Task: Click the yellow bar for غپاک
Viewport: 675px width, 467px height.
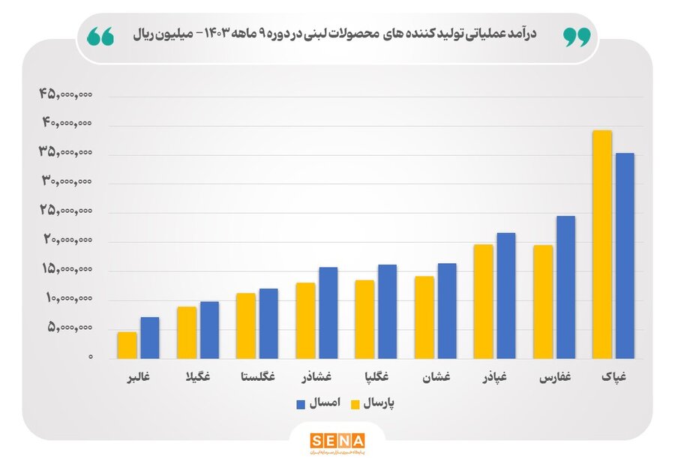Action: click(602, 244)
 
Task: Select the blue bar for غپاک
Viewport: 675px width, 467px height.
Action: click(625, 256)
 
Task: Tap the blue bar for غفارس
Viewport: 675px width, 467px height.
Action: click(565, 287)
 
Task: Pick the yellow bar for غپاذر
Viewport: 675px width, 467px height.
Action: click(483, 301)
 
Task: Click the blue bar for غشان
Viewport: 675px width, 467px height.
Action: click(447, 310)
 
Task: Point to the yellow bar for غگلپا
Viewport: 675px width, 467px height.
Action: click(364, 319)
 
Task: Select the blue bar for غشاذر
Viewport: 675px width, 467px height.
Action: click(328, 313)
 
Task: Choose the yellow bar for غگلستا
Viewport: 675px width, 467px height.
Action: click(245, 325)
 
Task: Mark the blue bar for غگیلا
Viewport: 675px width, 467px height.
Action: click(209, 330)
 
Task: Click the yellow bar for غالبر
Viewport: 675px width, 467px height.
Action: click(127, 345)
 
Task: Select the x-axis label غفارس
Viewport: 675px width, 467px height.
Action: click(556, 377)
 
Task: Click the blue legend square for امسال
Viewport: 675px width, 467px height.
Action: click(301, 404)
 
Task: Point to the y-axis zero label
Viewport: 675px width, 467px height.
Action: click(90, 358)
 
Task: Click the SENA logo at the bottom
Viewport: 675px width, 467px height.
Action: click(337, 440)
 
